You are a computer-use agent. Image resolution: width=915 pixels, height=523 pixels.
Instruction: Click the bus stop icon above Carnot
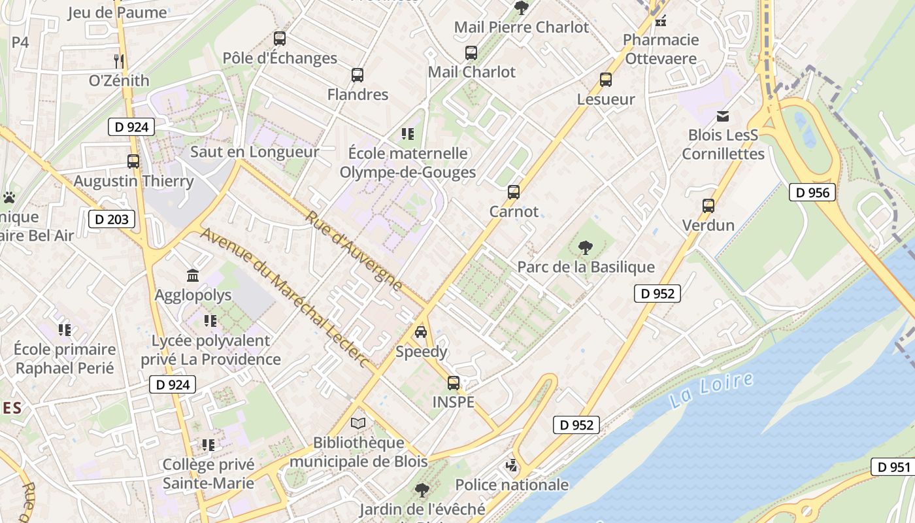pyautogui.click(x=514, y=192)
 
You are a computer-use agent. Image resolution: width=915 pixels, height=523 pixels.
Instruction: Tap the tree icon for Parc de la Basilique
pyautogui.click(x=586, y=248)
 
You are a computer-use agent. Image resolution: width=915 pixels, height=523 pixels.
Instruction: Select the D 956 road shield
pyautogui.click(x=813, y=192)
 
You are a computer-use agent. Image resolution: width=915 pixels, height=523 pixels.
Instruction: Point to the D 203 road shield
pyautogui.click(x=112, y=219)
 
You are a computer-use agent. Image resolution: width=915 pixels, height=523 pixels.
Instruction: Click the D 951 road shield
pyautogui.click(x=893, y=467)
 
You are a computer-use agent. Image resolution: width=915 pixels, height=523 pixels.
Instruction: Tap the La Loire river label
pyautogui.click(x=712, y=390)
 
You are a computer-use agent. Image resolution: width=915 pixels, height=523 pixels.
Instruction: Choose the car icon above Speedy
pyautogui.click(x=421, y=332)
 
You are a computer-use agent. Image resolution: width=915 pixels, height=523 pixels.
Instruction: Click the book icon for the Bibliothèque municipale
pyautogui.click(x=358, y=423)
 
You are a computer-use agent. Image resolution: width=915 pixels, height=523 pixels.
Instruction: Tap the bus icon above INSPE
pyautogui.click(x=454, y=383)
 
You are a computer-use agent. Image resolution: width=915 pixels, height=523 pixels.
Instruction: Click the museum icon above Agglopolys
pyautogui.click(x=193, y=275)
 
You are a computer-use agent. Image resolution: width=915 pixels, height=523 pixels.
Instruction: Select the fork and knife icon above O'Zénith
pyautogui.click(x=119, y=61)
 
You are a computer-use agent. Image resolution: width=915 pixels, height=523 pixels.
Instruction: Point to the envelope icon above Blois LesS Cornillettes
pyautogui.click(x=723, y=116)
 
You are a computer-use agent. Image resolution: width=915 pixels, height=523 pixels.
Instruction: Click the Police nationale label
pyautogui.click(x=512, y=484)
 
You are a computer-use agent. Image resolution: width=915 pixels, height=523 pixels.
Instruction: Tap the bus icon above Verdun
pyautogui.click(x=708, y=206)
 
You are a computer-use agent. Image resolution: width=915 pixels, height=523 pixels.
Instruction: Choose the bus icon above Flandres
pyautogui.click(x=358, y=75)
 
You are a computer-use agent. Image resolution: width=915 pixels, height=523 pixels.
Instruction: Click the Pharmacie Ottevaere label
pyautogui.click(x=661, y=49)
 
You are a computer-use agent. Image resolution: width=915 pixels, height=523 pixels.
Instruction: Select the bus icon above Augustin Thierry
pyautogui.click(x=133, y=161)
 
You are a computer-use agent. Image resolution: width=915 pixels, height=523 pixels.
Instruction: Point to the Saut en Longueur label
pyautogui.click(x=255, y=152)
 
